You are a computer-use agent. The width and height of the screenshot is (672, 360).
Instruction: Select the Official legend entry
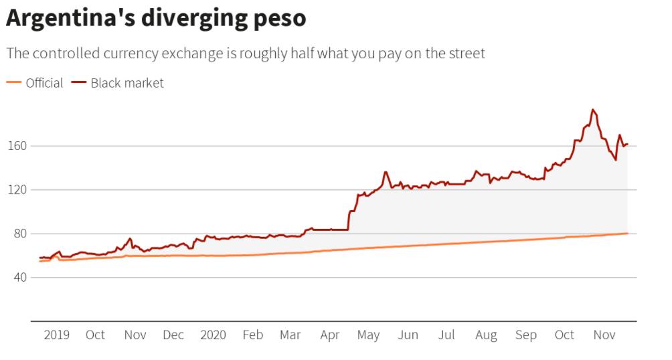pos(44,83)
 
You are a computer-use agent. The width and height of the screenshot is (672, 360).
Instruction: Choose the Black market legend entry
pos(127,83)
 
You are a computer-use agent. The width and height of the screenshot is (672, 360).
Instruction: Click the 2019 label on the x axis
pos(56,335)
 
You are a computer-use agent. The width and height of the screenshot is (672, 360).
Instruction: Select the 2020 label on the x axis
pos(213,335)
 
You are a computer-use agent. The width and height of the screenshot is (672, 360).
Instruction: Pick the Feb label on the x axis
pos(252,335)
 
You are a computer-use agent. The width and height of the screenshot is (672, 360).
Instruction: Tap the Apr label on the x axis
pos(330,335)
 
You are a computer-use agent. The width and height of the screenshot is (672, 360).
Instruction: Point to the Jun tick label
pos(408,335)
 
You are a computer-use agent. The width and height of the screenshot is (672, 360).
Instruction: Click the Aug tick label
pos(486,335)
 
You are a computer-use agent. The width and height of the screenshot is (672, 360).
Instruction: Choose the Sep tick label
pos(525,335)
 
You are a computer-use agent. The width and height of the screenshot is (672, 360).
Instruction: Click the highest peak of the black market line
pos(593,110)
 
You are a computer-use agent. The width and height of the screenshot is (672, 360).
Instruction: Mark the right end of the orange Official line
pos(627,233)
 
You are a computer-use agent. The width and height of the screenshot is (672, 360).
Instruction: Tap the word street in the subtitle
pos(464,54)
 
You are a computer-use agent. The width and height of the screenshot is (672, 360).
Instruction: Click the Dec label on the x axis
pos(173,335)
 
